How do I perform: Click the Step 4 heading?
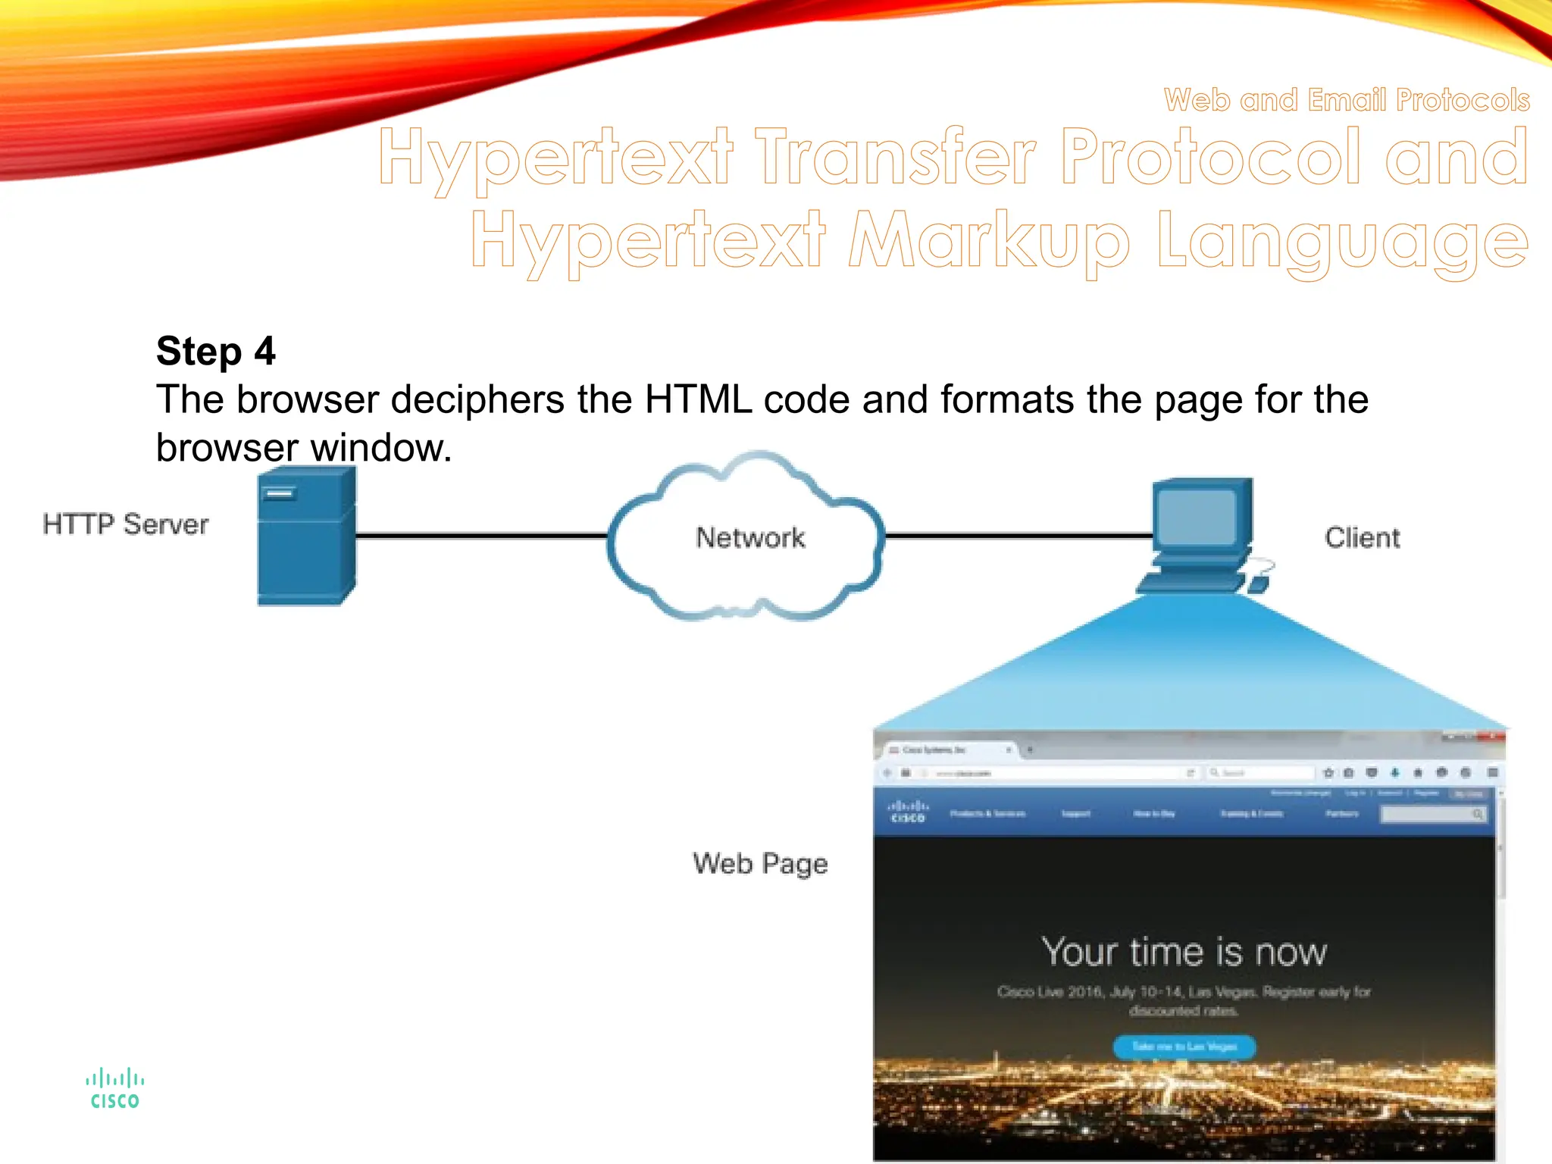[215, 352]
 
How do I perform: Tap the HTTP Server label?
[125, 524]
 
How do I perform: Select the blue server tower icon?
[305, 537]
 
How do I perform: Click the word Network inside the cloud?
[750, 537]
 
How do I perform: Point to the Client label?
[1362, 537]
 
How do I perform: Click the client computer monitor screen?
[1197, 517]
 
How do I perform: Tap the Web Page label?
[760, 863]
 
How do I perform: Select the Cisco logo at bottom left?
[114, 1089]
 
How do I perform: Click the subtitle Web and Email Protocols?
[1347, 100]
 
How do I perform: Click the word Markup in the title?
[989, 241]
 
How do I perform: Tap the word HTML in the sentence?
[698, 399]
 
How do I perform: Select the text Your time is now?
[1184, 952]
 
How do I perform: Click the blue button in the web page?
[1184, 1047]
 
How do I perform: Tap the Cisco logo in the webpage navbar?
[908, 812]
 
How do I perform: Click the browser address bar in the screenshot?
[1053, 773]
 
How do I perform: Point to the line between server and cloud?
[481, 536]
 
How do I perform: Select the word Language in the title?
[1342, 241]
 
